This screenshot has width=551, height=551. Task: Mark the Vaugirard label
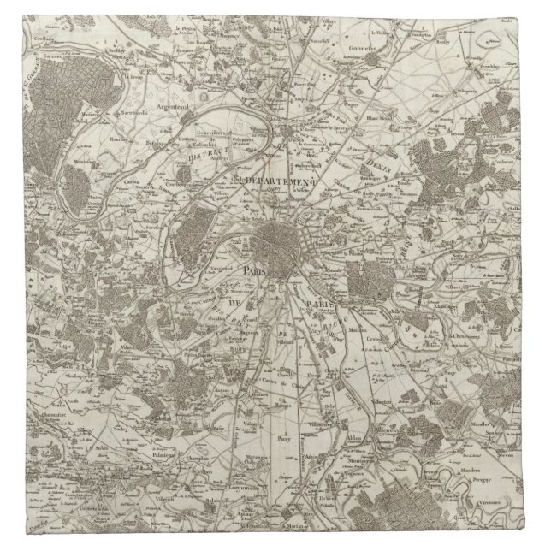click(x=241, y=265)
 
